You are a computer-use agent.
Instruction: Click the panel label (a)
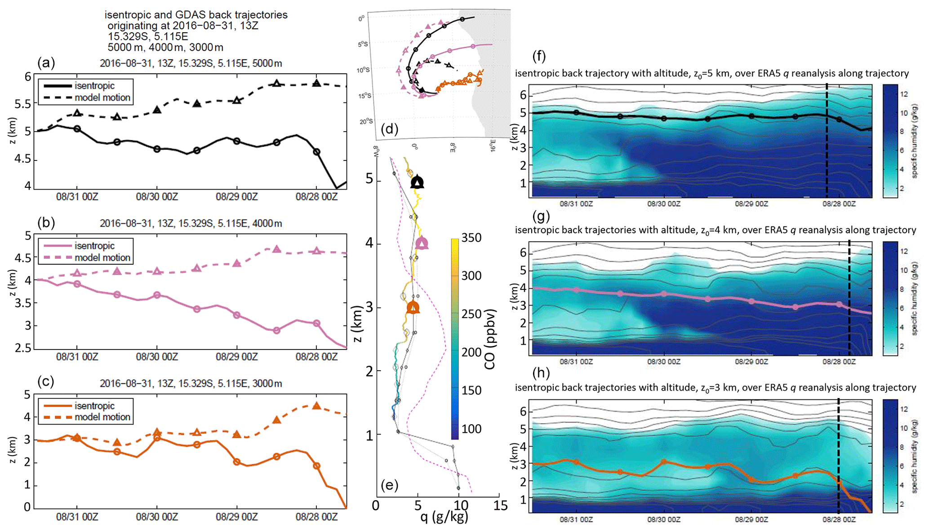(46, 62)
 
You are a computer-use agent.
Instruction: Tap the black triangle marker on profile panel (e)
(418, 182)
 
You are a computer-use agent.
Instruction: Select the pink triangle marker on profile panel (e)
(422, 244)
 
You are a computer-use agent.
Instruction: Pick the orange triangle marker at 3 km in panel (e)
(413, 308)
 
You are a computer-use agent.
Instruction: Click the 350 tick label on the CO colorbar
(471, 238)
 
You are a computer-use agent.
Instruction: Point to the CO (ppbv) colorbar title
(490, 339)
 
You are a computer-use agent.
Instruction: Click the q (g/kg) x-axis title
(444, 518)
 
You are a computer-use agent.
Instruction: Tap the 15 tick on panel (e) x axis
(500, 506)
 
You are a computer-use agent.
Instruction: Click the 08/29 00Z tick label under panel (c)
(237, 517)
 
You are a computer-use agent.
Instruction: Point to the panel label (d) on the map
(389, 129)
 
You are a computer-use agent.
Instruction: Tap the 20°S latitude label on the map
(366, 122)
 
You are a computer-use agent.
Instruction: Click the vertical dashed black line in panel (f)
(827, 142)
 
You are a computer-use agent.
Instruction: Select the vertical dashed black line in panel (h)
(839, 456)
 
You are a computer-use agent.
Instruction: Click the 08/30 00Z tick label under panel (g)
(664, 362)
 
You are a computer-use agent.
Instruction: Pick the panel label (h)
(541, 373)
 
